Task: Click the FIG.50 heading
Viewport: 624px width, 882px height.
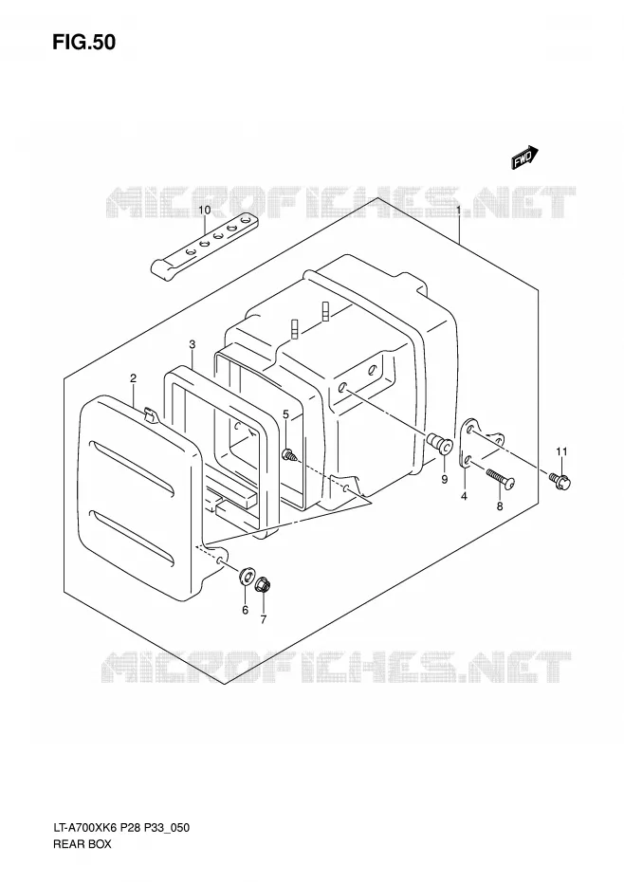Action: pyautogui.click(x=83, y=42)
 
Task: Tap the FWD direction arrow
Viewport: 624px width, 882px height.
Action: pyautogui.click(x=525, y=157)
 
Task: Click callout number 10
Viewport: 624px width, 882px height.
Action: pyautogui.click(x=204, y=211)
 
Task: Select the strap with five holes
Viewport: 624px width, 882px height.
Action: pyautogui.click(x=205, y=246)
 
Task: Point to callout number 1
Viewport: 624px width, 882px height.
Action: pyautogui.click(x=459, y=211)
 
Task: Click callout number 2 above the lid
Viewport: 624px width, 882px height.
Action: pyautogui.click(x=134, y=378)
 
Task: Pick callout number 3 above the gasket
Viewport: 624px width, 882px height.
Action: pyautogui.click(x=192, y=343)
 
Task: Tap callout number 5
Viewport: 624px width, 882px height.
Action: pyautogui.click(x=285, y=414)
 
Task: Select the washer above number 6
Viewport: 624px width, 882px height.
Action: pyautogui.click(x=246, y=576)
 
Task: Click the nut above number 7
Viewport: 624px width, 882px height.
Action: pyautogui.click(x=262, y=585)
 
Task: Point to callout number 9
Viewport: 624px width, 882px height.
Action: pyautogui.click(x=444, y=479)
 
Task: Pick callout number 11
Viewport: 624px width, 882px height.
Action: pyautogui.click(x=561, y=451)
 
